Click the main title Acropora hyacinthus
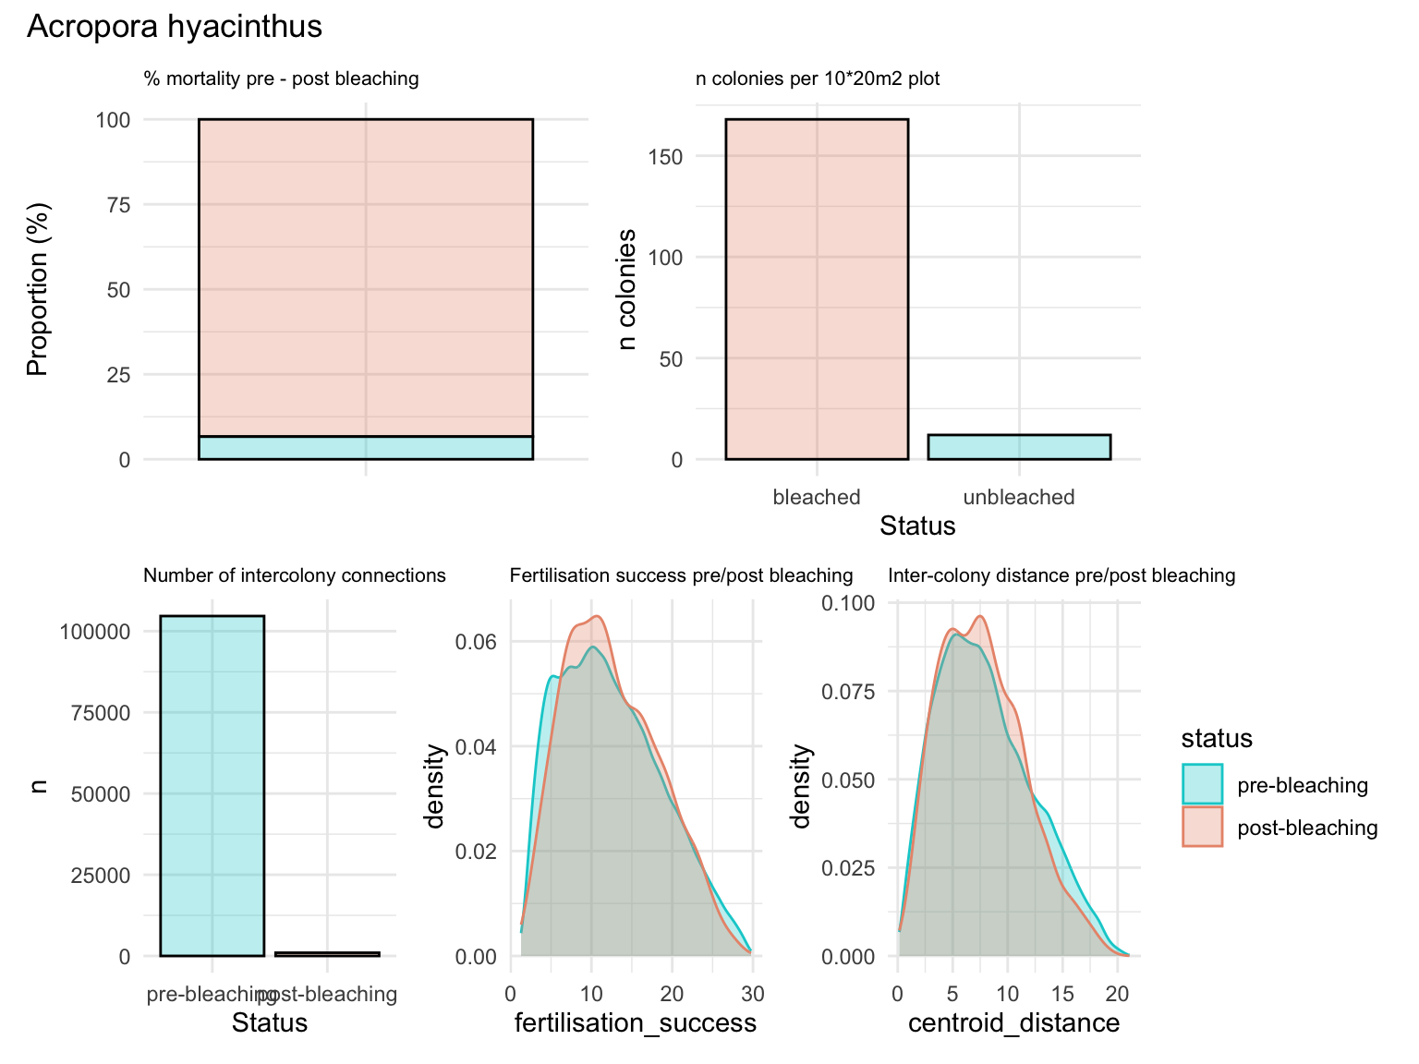pos(175,27)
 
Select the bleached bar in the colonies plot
pos(817,289)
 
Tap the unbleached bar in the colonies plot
pos(1019,447)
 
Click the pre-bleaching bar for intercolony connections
pos(212,785)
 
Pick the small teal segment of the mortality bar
pos(366,448)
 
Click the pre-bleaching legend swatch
pos(1202,785)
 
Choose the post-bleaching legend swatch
pos(1202,828)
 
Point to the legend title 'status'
pos(1217,739)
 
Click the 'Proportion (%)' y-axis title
pos(37,289)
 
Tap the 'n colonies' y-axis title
pos(627,289)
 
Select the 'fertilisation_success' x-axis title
pos(635,1023)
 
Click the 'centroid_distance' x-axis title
pos(1013,1023)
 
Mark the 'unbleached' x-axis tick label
pos(1019,498)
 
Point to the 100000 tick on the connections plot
pos(95,632)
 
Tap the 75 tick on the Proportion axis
pos(118,205)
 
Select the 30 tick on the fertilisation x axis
pos(753,995)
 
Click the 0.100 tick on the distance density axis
pos(848,603)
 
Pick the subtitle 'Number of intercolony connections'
pos(295,576)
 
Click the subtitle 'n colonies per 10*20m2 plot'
pos(818,79)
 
